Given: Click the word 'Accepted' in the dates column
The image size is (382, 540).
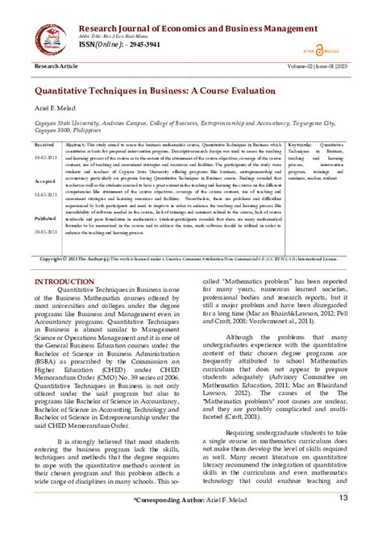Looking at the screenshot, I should [44, 181].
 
